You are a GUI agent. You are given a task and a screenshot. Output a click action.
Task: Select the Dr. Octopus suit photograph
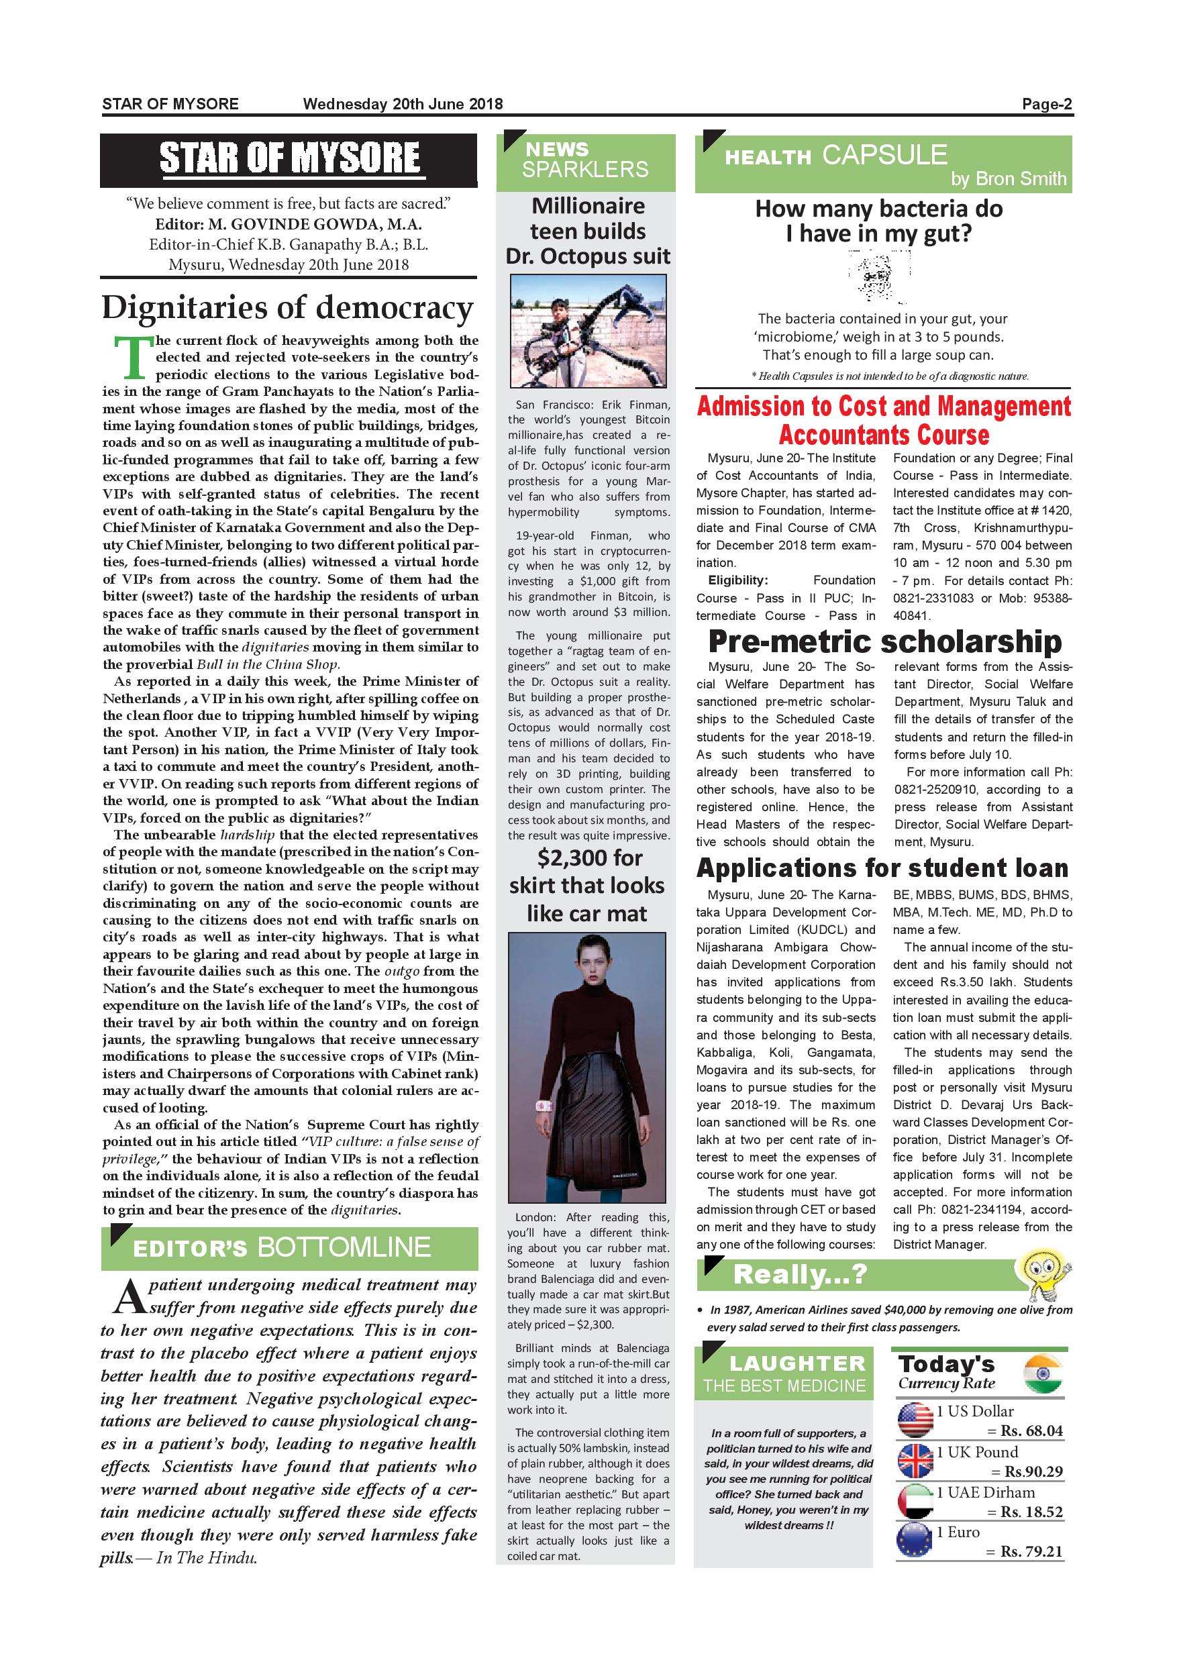tap(588, 331)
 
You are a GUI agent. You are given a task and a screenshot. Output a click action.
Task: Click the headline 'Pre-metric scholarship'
tap(884, 641)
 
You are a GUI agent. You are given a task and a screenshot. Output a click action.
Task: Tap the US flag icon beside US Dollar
tap(915, 1420)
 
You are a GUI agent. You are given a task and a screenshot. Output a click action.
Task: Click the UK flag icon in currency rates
tap(915, 1460)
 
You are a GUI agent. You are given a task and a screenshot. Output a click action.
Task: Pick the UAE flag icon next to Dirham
tap(915, 1501)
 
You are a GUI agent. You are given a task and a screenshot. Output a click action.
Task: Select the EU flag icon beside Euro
tap(915, 1541)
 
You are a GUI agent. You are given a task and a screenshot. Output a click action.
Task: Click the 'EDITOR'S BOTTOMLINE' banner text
tap(282, 1247)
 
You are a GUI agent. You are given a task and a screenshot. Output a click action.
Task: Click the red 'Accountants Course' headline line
tap(884, 435)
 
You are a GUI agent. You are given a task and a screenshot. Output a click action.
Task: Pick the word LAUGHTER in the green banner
tap(797, 1363)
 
